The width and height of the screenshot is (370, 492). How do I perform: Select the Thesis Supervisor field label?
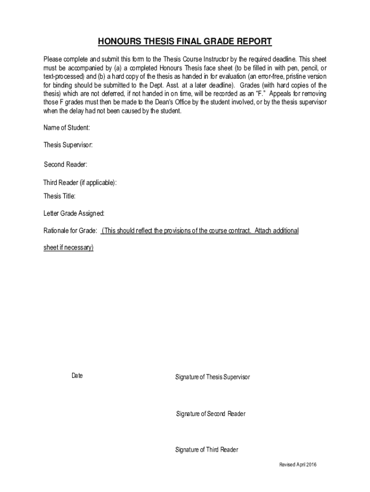68,145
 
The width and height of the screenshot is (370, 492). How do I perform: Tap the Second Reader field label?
66,165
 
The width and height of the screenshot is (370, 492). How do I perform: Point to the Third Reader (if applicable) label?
80,183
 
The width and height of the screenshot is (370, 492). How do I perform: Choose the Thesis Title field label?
60,196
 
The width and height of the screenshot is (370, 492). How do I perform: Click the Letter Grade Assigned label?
74,213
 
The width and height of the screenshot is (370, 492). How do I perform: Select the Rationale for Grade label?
71,231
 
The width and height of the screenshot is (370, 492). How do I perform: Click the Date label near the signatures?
77,376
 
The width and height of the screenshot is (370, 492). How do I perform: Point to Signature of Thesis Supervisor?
212,377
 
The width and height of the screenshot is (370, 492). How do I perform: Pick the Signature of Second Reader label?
210,414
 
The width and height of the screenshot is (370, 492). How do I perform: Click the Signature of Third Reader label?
207,450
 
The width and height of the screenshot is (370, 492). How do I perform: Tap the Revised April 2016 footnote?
298,465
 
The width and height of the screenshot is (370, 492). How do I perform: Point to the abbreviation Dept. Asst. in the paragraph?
188,85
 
